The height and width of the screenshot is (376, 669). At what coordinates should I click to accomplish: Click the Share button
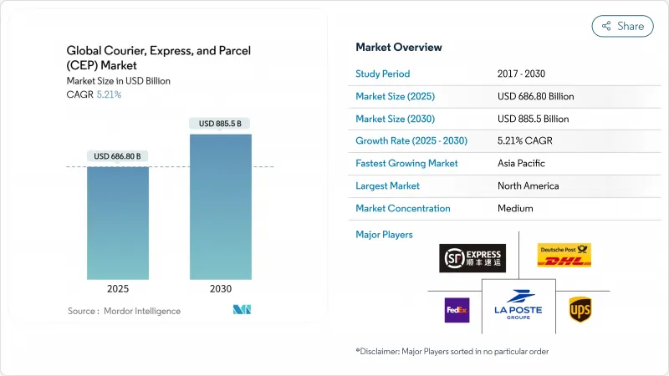pyautogui.click(x=622, y=26)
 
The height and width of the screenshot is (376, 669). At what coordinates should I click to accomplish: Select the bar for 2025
pyautogui.click(x=118, y=222)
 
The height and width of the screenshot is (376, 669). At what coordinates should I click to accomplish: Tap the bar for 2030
pyautogui.click(x=222, y=206)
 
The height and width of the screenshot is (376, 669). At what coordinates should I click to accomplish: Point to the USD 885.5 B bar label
pyautogui.click(x=222, y=124)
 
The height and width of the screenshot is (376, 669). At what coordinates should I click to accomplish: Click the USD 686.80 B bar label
pyautogui.click(x=118, y=155)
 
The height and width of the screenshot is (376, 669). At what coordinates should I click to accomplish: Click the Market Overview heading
pyautogui.click(x=399, y=47)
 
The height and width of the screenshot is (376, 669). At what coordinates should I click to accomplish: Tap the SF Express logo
pyautogui.click(x=472, y=257)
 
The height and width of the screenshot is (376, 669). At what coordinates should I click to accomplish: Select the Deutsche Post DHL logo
pyautogui.click(x=564, y=255)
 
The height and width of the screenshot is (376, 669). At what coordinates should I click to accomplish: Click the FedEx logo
pyautogui.click(x=457, y=310)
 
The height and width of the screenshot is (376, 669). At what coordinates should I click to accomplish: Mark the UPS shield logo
pyautogui.click(x=580, y=310)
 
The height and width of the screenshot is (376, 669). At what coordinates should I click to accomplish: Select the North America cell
pyautogui.click(x=528, y=185)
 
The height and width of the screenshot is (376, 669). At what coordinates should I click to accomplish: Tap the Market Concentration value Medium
pyautogui.click(x=515, y=208)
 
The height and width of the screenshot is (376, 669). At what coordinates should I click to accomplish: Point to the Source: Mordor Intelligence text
pyautogui.click(x=124, y=311)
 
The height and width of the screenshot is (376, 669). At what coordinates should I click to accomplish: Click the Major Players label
pyautogui.click(x=384, y=235)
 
